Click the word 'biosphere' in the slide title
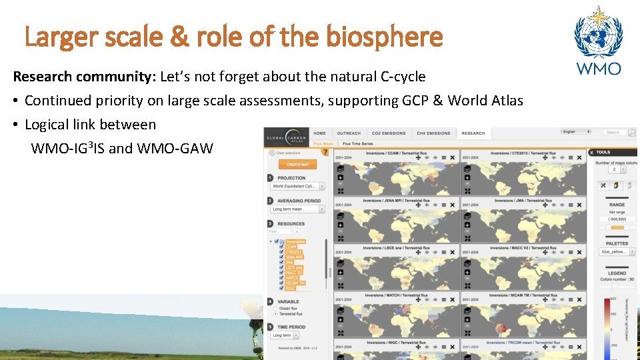pyautogui.click(x=385, y=37)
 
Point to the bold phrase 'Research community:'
pyautogui.click(x=84, y=77)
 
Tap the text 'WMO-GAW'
pyautogui.click(x=175, y=148)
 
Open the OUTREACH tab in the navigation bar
pyautogui.click(x=349, y=133)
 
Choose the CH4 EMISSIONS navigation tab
pyautogui.click(x=433, y=133)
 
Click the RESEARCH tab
pyautogui.click(x=473, y=133)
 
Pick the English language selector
pyautogui.click(x=576, y=132)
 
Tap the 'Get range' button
pyautogui.click(x=617, y=212)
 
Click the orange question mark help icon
pyautogui.click(x=325, y=152)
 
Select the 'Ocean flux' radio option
pyautogui.click(x=276, y=309)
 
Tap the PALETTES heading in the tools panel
pyautogui.click(x=617, y=244)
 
